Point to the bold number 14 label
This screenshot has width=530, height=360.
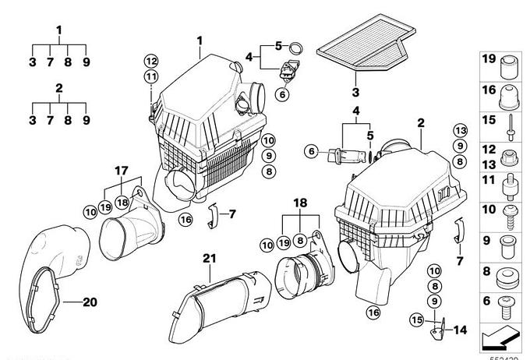(x=460, y=330)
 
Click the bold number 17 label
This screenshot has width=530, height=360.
(x=121, y=171)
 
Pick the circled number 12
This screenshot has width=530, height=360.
(x=150, y=61)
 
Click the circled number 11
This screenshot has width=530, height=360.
(x=150, y=76)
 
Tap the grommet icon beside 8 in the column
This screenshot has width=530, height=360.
(x=511, y=275)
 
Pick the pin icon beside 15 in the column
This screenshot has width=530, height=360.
(x=511, y=122)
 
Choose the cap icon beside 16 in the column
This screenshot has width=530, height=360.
(x=511, y=94)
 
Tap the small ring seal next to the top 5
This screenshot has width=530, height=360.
(x=296, y=44)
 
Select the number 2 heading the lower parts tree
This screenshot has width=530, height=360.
(x=59, y=88)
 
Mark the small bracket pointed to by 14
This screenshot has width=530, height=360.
(x=438, y=328)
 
